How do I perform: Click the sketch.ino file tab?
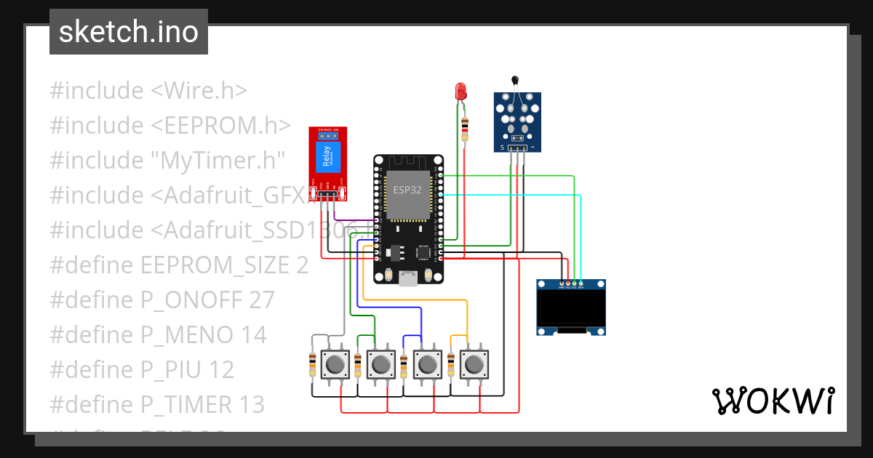(128, 32)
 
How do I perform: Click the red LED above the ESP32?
(461, 92)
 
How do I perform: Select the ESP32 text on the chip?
(408, 189)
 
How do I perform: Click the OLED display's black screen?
(571, 308)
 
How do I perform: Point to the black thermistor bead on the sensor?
(515, 81)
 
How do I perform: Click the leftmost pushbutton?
(335, 363)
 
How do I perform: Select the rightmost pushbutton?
(475, 363)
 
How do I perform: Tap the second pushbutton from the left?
(380, 363)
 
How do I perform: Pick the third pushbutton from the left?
(427, 363)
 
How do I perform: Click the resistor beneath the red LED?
(465, 131)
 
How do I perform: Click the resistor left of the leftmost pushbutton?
(313, 364)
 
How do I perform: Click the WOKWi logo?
(772, 401)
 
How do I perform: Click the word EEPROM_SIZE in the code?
(215, 265)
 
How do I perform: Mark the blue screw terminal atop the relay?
(328, 135)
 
